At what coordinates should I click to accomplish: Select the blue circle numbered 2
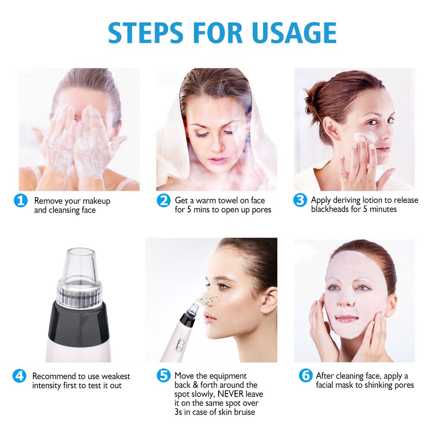(x=163, y=201)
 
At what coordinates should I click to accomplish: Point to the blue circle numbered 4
(x=19, y=376)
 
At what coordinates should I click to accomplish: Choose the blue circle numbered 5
(x=163, y=376)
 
